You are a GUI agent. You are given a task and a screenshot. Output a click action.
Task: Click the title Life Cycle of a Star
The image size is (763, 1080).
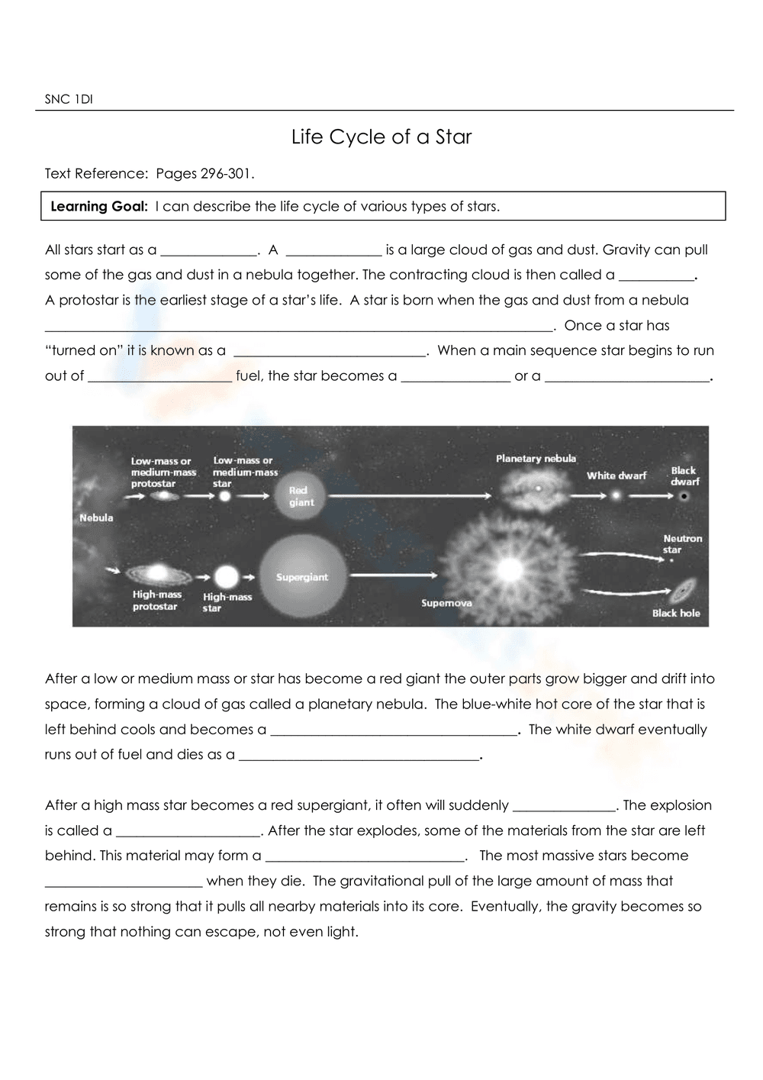click(x=381, y=137)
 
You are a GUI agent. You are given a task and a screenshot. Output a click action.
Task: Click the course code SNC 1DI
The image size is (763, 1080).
click(x=69, y=99)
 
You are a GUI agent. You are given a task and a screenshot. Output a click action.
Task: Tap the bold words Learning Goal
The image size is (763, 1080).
click(x=98, y=206)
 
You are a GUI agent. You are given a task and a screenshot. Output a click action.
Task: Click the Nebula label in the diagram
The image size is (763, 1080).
click(x=96, y=518)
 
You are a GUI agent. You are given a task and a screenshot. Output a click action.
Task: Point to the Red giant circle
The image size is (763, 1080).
click(x=301, y=496)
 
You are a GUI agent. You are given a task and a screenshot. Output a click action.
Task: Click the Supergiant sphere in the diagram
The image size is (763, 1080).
click(x=302, y=577)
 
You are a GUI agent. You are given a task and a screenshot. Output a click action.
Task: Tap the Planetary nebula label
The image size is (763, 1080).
click(x=536, y=459)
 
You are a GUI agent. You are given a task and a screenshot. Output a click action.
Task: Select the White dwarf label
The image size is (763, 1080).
click(x=616, y=476)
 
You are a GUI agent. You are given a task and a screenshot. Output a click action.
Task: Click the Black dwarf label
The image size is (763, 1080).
click(x=684, y=476)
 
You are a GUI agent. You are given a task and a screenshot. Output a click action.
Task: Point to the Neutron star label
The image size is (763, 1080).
click(x=682, y=543)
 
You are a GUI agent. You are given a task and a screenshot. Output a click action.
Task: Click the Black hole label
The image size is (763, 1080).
click(x=675, y=613)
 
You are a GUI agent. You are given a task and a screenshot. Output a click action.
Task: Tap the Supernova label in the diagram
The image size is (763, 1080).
click(x=446, y=603)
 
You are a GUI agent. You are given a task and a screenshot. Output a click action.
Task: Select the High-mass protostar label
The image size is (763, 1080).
click(x=156, y=601)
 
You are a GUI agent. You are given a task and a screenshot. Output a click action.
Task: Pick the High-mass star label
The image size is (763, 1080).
click(x=227, y=602)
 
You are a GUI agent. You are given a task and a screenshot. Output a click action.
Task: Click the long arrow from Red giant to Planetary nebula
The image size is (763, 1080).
click(x=412, y=496)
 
